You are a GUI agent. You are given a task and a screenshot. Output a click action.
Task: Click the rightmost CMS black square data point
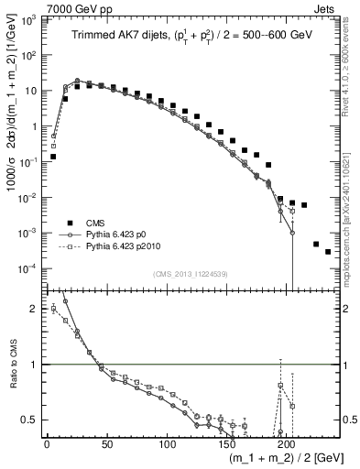point(327,251)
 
